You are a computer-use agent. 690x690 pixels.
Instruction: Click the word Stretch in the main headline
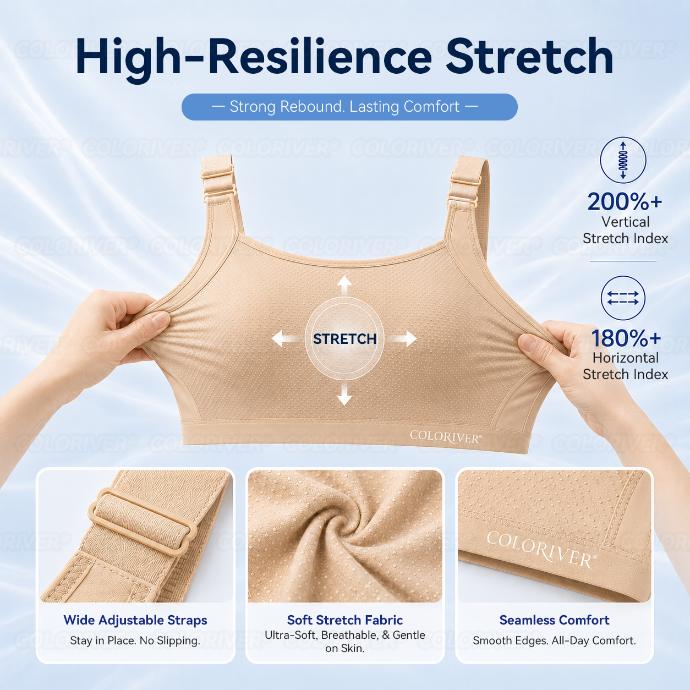click(x=529, y=57)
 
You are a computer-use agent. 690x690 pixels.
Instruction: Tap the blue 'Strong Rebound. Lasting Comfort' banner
click(x=349, y=107)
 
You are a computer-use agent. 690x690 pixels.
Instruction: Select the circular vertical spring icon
click(x=623, y=160)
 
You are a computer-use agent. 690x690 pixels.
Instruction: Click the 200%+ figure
click(x=625, y=201)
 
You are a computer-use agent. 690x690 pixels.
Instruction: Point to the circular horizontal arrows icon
click(x=623, y=298)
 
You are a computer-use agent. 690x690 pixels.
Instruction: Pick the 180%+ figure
click(x=626, y=338)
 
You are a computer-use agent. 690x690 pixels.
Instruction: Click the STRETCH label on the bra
click(x=344, y=339)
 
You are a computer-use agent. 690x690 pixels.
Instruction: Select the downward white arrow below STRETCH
click(x=344, y=394)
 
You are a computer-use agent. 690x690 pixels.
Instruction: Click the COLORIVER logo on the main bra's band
click(x=446, y=437)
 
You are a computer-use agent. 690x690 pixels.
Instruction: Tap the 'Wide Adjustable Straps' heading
click(x=135, y=620)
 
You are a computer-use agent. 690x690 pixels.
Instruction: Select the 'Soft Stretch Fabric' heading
click(x=345, y=620)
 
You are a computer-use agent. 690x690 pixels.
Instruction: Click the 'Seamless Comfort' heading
click(x=554, y=620)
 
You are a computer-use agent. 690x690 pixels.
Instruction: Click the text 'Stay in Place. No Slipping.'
click(x=135, y=640)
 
